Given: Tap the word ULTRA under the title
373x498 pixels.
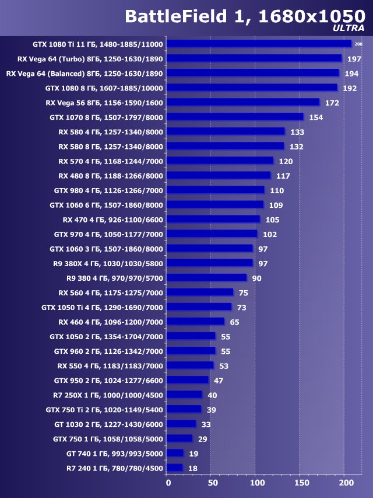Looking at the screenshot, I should (349, 29).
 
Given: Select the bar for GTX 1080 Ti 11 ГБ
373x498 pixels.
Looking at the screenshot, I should (259, 44).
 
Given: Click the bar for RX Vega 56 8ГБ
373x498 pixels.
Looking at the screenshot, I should (242, 102).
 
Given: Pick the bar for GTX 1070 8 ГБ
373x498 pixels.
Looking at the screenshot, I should (235, 117).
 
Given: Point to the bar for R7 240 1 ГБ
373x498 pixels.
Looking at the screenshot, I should (174, 468).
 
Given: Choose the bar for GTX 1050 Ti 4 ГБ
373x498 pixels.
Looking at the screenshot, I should (199, 307).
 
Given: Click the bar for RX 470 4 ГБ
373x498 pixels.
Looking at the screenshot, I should (213, 219).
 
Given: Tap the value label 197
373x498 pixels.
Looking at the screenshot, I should (354, 59).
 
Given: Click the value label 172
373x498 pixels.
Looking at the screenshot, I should (332, 103).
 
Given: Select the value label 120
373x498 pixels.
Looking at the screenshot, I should (286, 161).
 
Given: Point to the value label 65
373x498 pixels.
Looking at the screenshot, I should (235, 322).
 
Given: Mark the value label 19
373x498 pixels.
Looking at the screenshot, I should (194, 453).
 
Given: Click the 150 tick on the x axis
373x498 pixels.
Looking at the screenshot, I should (301, 483).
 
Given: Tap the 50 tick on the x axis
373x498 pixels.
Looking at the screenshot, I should (212, 483).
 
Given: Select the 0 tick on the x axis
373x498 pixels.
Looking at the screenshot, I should (168, 483).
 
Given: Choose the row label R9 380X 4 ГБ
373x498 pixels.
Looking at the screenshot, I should (108, 263).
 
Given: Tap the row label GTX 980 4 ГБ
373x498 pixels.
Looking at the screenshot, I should (108, 190).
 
